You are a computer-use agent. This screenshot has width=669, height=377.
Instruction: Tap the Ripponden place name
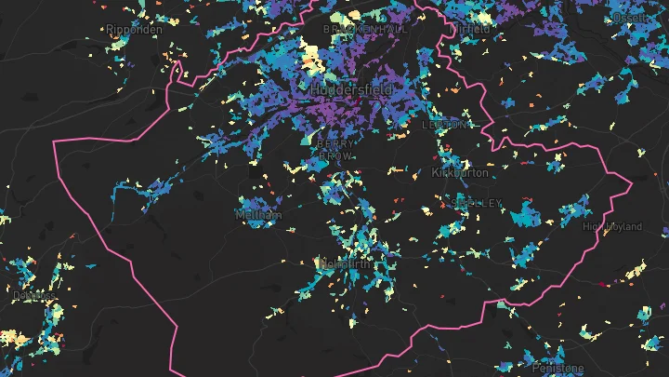pos(134,30)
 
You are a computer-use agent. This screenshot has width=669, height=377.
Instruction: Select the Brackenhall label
pos(365,30)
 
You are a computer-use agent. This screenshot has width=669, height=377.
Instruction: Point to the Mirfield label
pos(470,30)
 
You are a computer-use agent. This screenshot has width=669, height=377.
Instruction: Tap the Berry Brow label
pos(334,150)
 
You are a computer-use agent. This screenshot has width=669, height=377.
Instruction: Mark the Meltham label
pos(258,215)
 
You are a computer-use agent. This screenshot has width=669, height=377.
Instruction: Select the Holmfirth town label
pos(344,264)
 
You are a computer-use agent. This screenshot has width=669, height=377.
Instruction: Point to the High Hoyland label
pos(612,226)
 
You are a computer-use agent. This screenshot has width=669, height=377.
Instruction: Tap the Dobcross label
pos(33,296)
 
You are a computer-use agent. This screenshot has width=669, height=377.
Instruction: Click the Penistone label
pos(557,369)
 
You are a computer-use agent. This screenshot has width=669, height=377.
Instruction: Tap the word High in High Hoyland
pos(592,226)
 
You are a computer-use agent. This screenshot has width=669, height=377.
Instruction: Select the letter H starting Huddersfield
pos(315,89)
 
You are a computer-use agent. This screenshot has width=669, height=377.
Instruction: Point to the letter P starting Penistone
pos(535,369)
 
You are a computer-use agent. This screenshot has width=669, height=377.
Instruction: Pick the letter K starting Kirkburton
pos(436,173)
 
